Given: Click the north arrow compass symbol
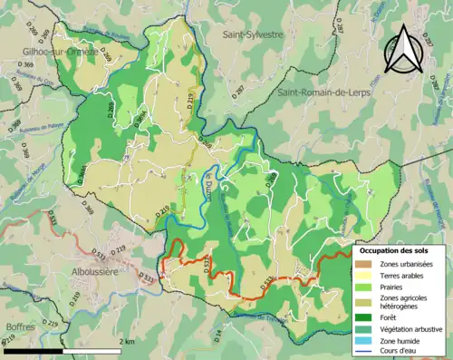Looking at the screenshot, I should pos(406,49).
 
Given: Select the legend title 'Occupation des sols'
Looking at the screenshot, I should pos(395,249).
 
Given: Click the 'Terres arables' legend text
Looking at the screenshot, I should pos(400,275).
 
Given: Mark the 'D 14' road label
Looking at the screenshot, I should pos(217,336).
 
